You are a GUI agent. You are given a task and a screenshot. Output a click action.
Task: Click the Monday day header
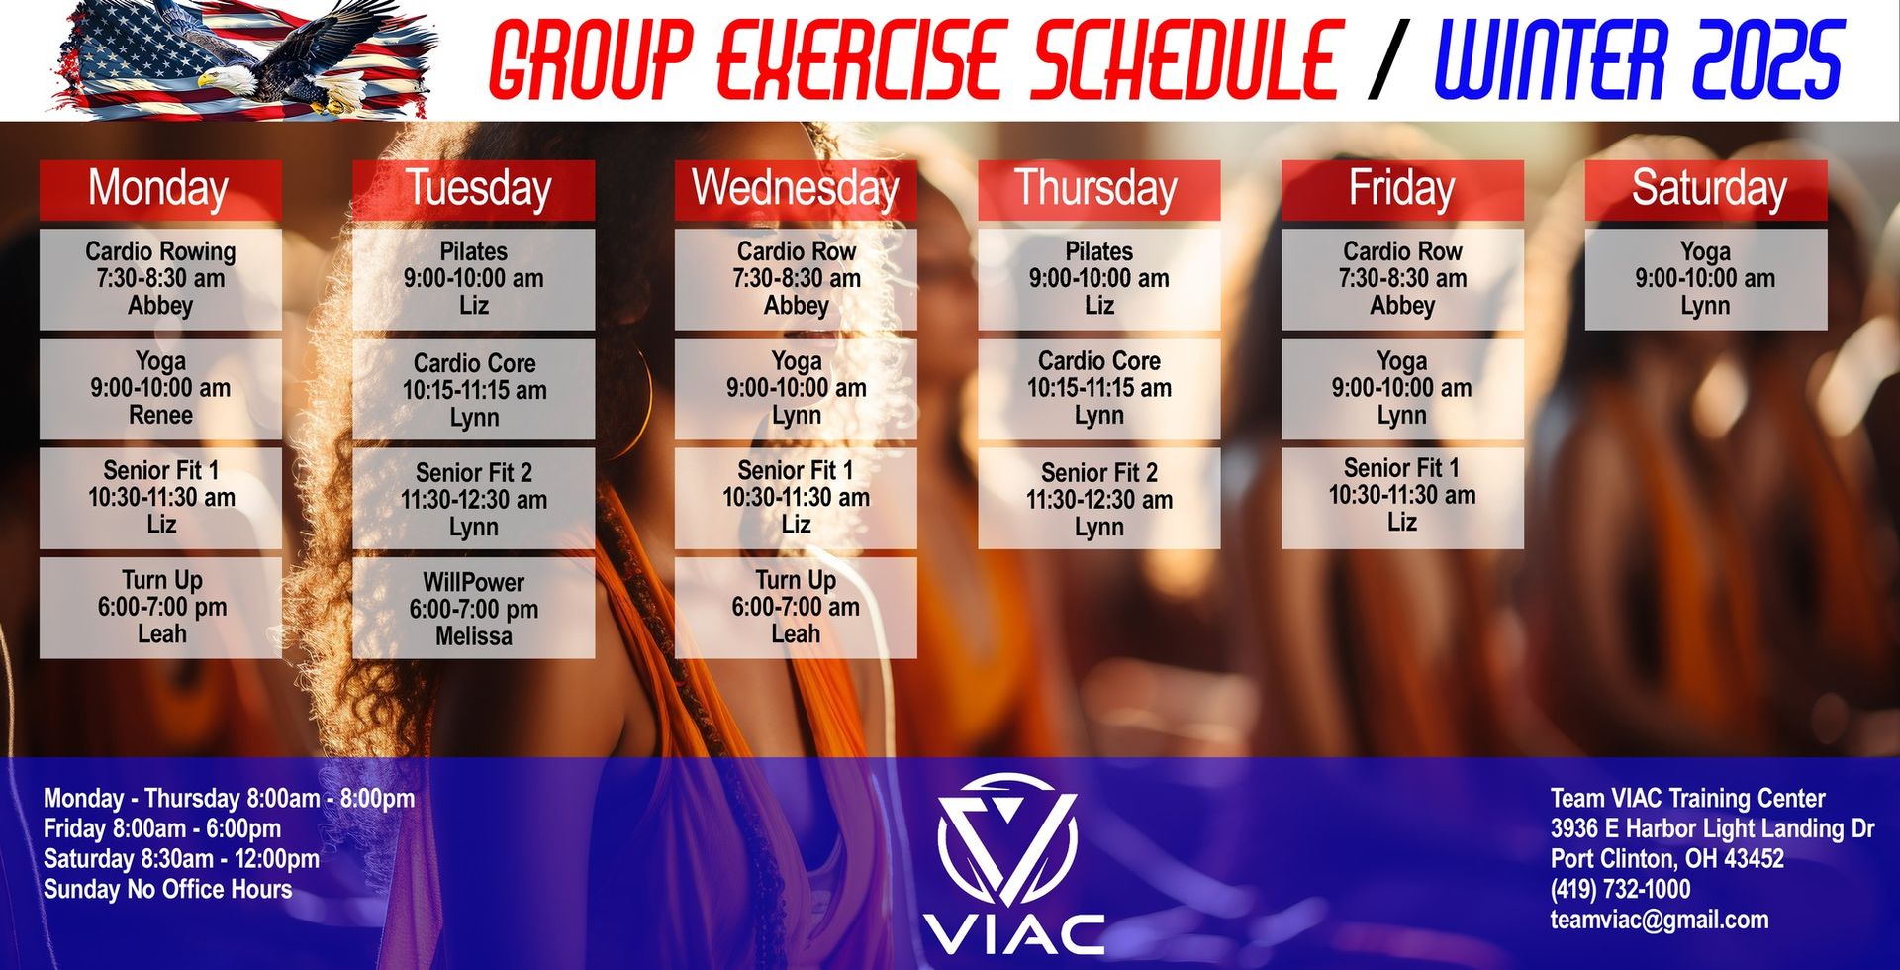click(160, 189)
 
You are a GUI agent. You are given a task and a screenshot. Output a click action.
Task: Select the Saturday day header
click(1705, 189)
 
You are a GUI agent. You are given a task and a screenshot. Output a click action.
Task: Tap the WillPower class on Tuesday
click(473, 608)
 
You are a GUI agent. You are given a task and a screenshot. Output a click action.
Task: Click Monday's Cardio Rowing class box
click(160, 279)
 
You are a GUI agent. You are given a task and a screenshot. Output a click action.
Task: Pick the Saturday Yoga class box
click(1705, 279)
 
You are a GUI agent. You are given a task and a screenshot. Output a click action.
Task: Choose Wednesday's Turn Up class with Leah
click(796, 607)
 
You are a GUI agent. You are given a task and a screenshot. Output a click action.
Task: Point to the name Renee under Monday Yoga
click(160, 416)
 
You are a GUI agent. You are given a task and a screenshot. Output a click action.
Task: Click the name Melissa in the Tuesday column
click(473, 636)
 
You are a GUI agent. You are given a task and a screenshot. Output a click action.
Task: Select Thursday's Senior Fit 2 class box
click(1098, 499)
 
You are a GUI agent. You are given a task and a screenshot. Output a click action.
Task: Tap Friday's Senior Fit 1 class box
click(1401, 497)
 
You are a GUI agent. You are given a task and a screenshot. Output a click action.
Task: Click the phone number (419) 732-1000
click(1620, 889)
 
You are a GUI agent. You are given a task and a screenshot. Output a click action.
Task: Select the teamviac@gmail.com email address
click(1659, 920)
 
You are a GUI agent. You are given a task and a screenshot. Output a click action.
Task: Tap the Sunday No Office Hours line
click(167, 889)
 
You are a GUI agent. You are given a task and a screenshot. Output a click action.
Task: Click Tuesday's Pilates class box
click(473, 279)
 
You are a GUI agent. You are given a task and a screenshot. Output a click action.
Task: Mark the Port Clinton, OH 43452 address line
click(1666, 858)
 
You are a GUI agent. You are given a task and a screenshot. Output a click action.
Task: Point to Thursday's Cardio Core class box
click(1098, 388)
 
